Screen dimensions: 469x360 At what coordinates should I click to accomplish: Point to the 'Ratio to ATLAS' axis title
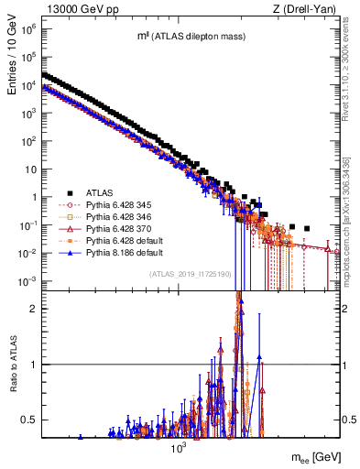(x=11, y=365)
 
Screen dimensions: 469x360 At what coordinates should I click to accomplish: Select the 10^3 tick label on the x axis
(x=178, y=446)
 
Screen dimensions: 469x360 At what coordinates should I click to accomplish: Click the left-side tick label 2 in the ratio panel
(x=33, y=309)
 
